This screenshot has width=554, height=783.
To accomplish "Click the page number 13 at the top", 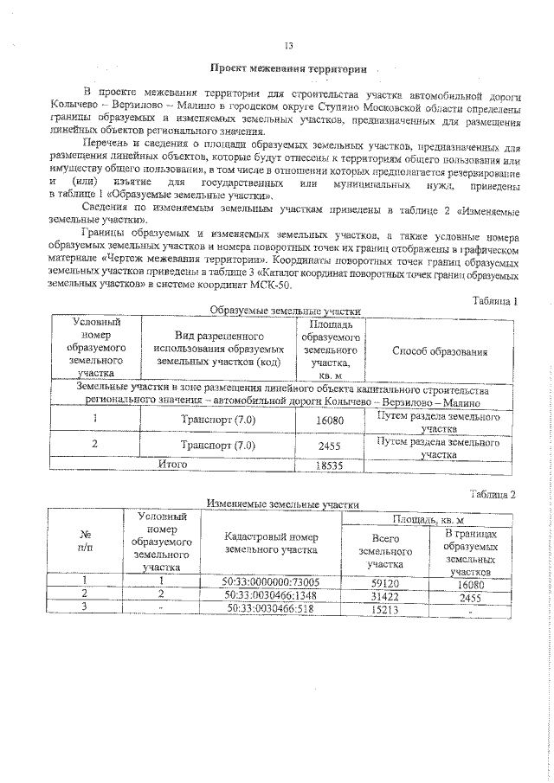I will (289, 46).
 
